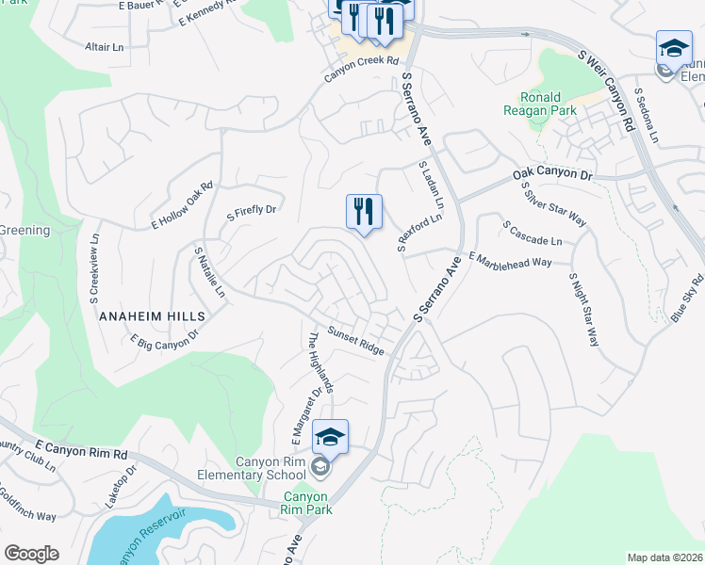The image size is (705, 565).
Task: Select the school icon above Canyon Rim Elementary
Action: point(331,438)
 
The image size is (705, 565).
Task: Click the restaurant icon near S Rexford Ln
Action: point(364,212)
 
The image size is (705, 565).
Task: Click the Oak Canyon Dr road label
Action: point(551,175)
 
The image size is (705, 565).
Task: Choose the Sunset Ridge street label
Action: point(355,341)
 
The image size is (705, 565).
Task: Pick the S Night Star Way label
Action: point(583,310)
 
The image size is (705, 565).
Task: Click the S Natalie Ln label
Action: point(209,272)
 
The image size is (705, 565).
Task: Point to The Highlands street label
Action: point(320,361)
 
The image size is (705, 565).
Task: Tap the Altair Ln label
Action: point(105,46)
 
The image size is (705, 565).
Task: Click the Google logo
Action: point(31,554)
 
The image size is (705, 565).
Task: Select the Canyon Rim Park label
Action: point(305,503)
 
